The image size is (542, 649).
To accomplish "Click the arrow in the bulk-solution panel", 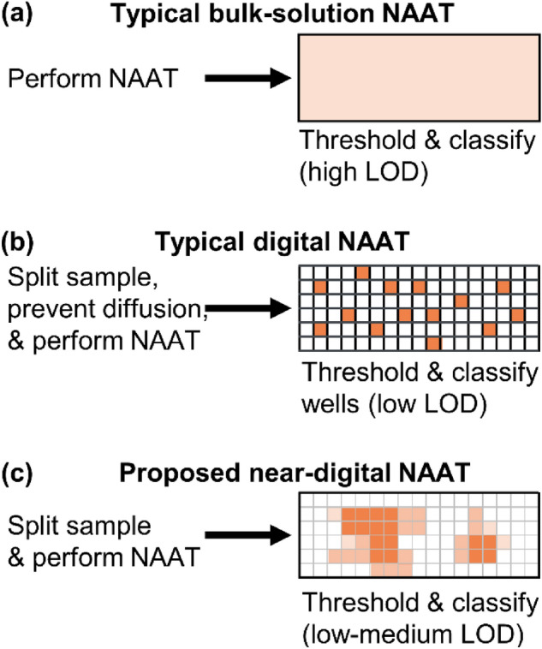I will point(248,80).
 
